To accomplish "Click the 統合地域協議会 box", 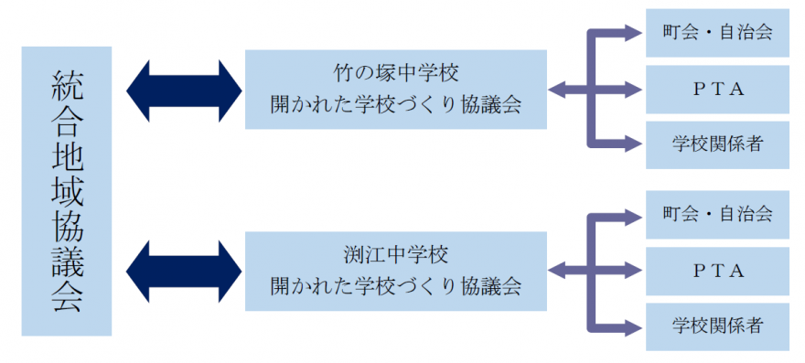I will [67, 191].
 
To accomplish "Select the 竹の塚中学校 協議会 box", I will [395, 89].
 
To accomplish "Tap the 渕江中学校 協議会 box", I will [395, 269].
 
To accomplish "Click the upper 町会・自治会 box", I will [717, 33].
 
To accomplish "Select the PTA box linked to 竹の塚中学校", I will [717, 89].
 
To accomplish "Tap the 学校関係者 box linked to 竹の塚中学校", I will [717, 144].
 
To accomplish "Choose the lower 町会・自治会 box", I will [717, 215].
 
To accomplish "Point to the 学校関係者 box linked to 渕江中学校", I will [717, 325].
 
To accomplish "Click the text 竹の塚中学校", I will [395, 71].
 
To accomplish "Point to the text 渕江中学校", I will [395, 251].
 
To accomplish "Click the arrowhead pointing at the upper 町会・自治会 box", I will [634, 34].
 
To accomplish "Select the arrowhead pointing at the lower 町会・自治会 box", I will [634, 216].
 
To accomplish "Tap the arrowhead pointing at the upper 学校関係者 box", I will [634, 144].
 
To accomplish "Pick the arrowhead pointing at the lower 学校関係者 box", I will [634, 325].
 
